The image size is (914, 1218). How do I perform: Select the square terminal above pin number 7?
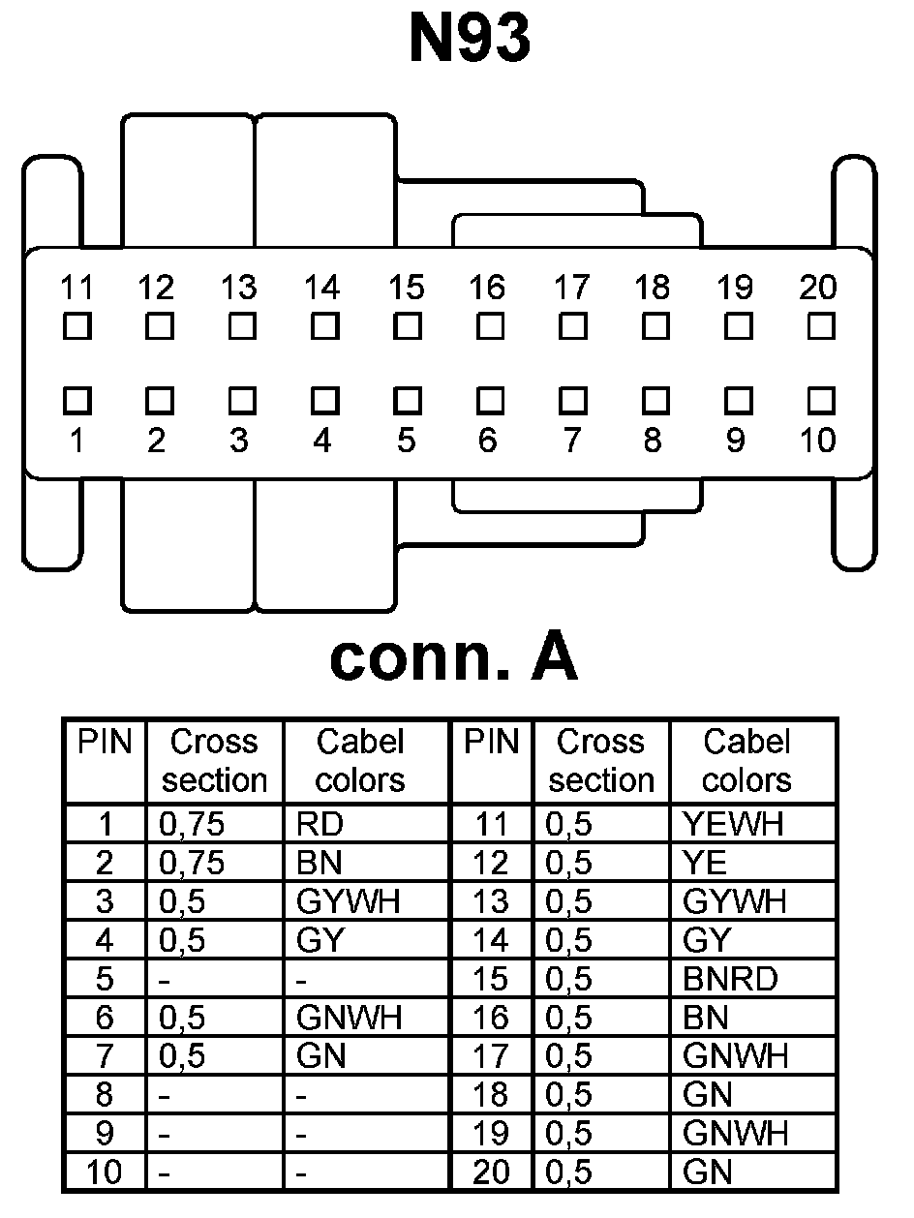[x=573, y=399]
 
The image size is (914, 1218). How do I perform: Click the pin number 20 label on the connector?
[x=818, y=288]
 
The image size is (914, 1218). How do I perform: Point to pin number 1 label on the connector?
[x=76, y=441]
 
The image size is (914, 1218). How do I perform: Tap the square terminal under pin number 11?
[x=76, y=326]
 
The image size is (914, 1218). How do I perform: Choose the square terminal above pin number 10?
[x=820, y=399]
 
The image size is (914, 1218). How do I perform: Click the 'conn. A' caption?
[x=454, y=658]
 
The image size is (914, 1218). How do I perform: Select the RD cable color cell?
[x=320, y=824]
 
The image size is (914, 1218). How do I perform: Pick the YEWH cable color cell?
[x=733, y=824]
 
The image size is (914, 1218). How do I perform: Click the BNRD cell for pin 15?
[x=729, y=979]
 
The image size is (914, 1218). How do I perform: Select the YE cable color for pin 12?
[x=704, y=863]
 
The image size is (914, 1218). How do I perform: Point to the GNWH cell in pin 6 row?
[x=349, y=1018]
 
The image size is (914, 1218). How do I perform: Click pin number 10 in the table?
[x=105, y=1172]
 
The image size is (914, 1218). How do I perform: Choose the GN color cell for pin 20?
[x=707, y=1172]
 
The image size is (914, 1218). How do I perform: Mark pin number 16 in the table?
[x=492, y=1018]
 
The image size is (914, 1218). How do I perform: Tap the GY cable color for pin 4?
[x=320, y=940]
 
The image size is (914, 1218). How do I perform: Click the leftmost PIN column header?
[x=105, y=743]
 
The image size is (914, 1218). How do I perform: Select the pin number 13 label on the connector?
[x=239, y=288]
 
